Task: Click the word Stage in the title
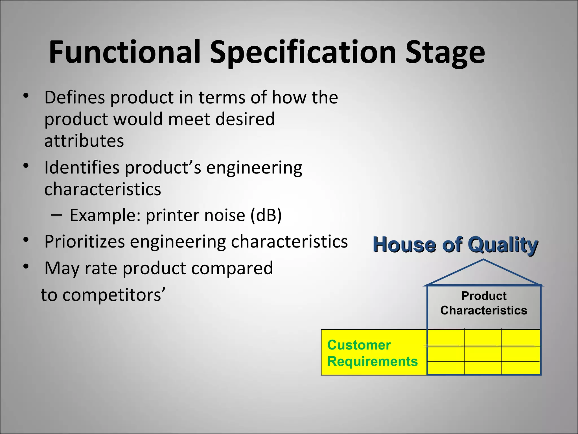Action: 445,52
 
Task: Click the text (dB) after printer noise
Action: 266,215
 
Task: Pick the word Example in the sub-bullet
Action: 105,215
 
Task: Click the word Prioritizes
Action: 84,242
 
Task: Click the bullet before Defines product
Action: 26,96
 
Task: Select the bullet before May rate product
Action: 26,266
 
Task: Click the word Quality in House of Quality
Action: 503,245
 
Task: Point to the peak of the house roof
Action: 483,260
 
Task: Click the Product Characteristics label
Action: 484,303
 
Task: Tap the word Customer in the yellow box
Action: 359,345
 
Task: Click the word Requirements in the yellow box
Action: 372,361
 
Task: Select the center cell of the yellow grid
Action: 483,354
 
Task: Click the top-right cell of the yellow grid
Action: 521,338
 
